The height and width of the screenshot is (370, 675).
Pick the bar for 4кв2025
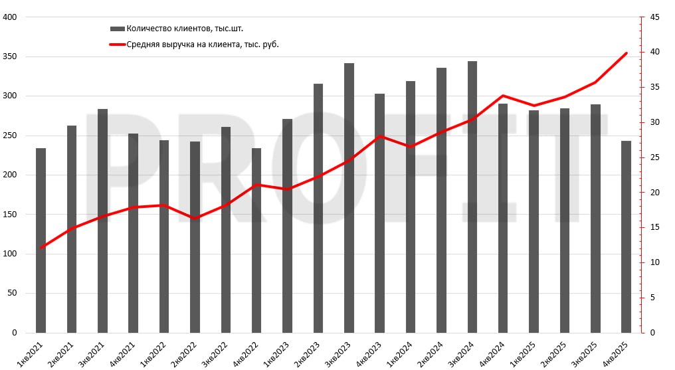coord(626,236)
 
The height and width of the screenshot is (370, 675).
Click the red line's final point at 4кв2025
coord(626,53)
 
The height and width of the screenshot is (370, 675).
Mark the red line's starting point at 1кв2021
coord(41,248)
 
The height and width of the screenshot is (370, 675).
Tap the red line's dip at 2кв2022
coord(195,219)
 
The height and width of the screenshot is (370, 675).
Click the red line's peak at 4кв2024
coord(503,96)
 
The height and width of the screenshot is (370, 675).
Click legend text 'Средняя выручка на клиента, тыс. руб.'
coord(202,45)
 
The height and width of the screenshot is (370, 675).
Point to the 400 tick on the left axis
coord(10,17)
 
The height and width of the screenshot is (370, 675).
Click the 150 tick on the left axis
coord(10,215)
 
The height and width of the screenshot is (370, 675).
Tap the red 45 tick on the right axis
coord(654,17)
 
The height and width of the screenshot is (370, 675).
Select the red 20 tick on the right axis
coord(654,193)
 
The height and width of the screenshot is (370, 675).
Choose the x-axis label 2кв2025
coord(556,351)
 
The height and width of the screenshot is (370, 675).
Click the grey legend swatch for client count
coord(117,29)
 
